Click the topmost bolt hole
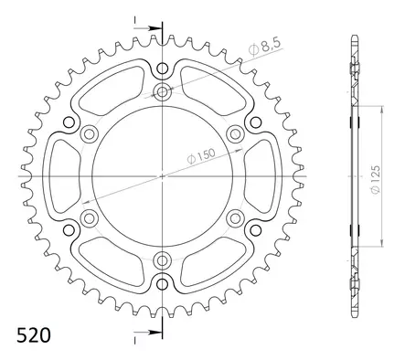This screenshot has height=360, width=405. tap(162, 91)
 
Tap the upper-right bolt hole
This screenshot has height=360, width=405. tap(235, 134)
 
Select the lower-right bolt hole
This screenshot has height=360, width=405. tap(235, 217)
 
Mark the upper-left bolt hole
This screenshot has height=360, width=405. tap(90, 134)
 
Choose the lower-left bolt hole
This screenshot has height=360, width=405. tap(90, 217)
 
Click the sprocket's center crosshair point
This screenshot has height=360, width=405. tap(162, 175)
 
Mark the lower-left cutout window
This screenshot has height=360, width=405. tap(113, 260)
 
